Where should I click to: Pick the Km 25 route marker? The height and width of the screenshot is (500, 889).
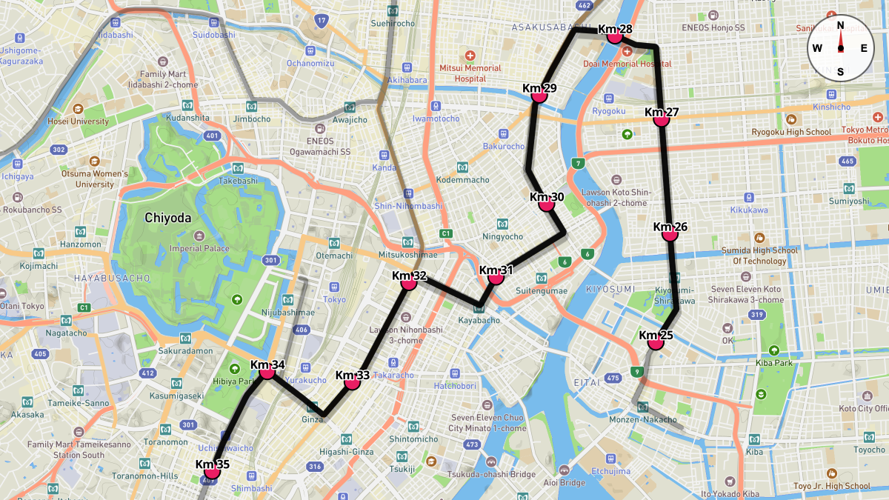[x=655, y=342]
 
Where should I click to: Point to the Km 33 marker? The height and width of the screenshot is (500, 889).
[x=353, y=382]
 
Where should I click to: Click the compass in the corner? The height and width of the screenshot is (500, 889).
[x=840, y=48]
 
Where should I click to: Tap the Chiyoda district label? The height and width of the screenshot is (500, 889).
[x=167, y=218]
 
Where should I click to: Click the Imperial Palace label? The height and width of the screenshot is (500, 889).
[x=199, y=249]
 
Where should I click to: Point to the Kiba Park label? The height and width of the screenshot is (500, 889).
[x=774, y=363]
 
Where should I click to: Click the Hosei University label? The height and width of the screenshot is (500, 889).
[x=78, y=121]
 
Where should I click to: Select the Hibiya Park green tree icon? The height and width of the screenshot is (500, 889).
[x=235, y=368]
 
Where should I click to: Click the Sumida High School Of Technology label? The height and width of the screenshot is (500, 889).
[x=759, y=256]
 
